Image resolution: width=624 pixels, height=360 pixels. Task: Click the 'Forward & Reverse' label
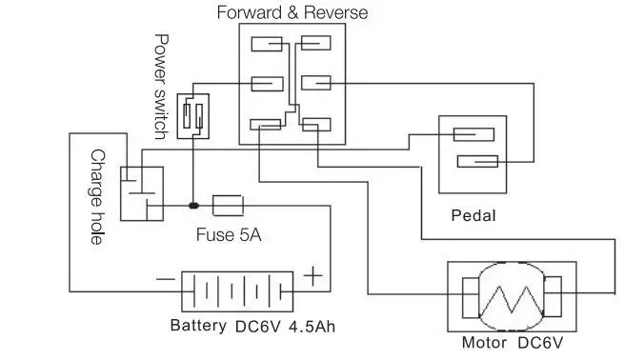292,12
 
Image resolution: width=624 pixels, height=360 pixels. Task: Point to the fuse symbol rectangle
229,205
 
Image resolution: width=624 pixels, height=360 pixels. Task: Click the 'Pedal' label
473,215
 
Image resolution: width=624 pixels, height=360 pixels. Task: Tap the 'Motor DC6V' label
513,343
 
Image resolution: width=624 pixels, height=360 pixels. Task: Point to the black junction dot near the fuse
193,205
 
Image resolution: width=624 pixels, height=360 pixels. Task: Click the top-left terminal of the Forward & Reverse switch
268,43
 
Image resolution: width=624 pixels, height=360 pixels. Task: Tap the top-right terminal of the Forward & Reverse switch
314,43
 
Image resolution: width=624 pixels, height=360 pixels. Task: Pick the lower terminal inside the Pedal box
475,160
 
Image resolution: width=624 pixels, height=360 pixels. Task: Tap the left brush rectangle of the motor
470,295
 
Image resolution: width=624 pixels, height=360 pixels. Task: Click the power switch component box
193,116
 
